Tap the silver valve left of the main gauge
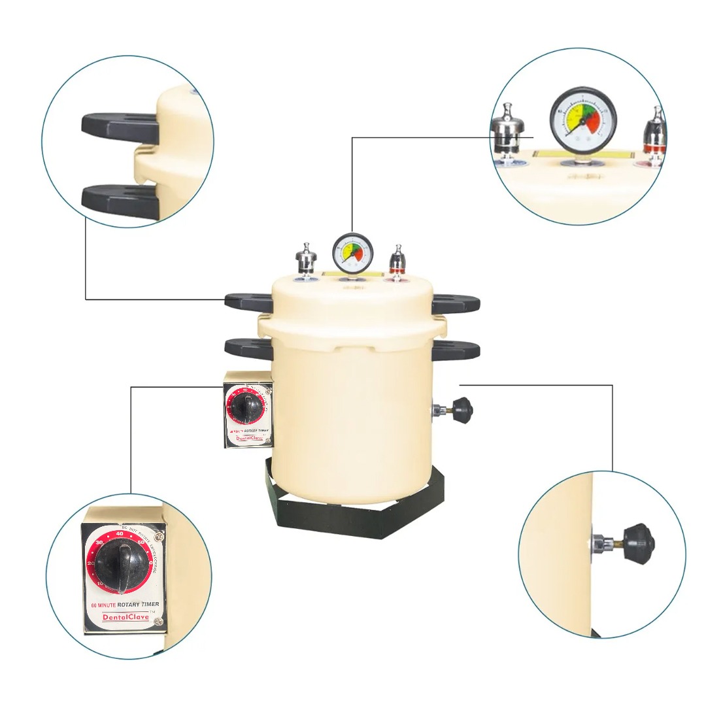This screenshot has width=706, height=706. point(305,260)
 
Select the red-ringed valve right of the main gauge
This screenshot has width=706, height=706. point(397,261)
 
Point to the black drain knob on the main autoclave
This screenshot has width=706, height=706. point(462,410)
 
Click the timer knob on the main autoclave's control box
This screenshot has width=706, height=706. point(246,409)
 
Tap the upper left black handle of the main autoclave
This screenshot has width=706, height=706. point(248,301)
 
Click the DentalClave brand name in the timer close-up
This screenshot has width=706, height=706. point(126,616)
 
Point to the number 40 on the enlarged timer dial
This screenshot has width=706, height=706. point(120,534)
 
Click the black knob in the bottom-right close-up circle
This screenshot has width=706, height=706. point(638,542)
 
